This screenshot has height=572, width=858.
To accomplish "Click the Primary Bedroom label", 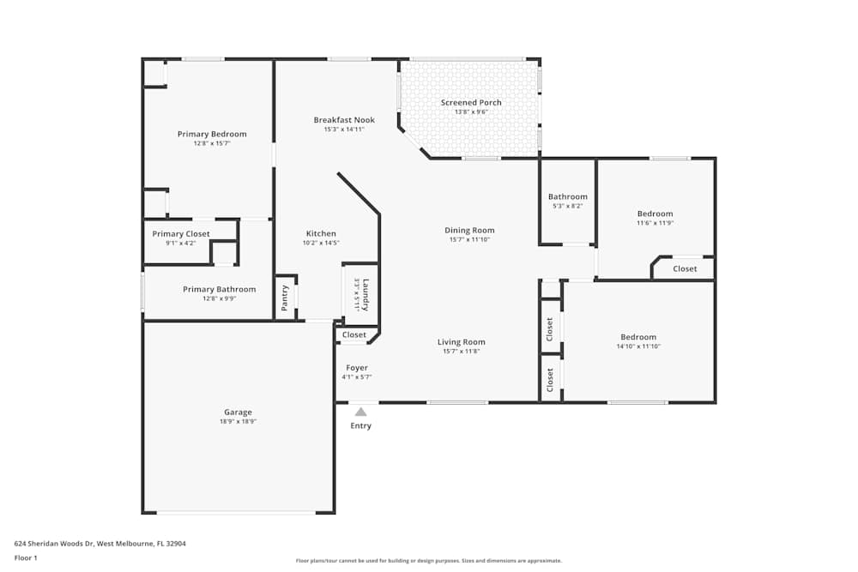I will pos(212,134).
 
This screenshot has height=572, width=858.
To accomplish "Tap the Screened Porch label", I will pos(471,103).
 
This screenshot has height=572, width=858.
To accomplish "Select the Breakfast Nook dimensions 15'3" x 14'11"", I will pos(344,129).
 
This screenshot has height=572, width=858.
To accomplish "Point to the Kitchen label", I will pos(322,233).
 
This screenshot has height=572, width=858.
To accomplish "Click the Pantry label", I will pos(284,298).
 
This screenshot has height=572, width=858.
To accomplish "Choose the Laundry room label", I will pos(366,294).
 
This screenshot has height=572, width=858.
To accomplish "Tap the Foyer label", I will pos(357,368).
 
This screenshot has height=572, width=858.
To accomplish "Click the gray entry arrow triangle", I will pos(361,412).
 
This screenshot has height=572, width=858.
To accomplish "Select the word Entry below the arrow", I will pos(361,426).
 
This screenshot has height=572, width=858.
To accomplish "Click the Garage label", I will pos(238,412).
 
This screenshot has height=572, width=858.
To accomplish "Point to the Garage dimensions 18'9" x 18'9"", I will pos(238,422).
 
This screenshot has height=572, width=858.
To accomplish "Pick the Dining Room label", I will pos(469,230).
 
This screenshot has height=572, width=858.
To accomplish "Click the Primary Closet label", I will pos(181,234).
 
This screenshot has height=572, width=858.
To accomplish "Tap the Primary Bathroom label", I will pos(219,289).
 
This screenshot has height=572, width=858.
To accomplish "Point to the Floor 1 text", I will pos(26,557).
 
